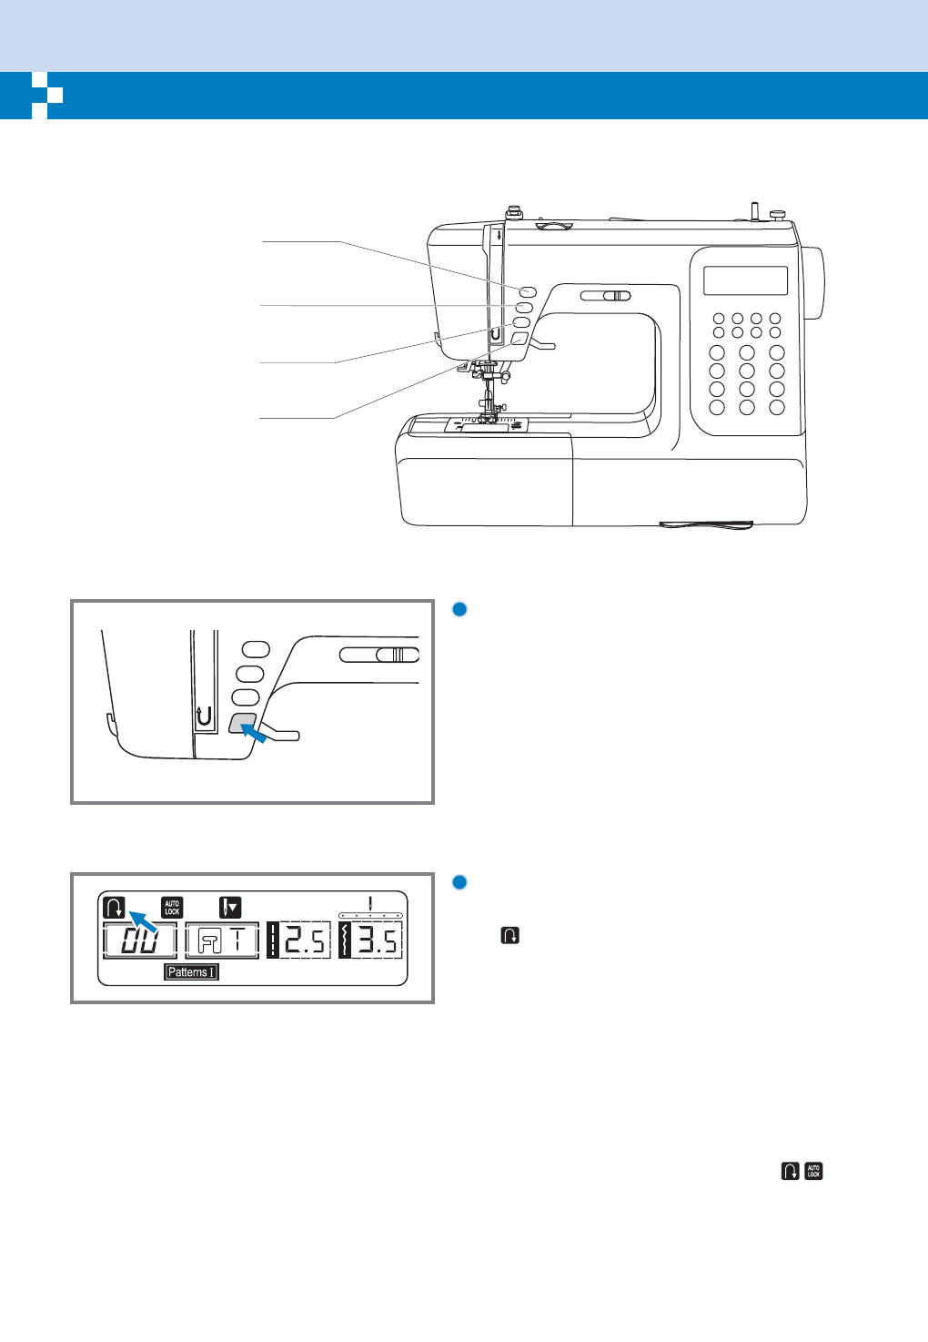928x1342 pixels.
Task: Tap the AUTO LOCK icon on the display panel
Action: pyautogui.click(x=172, y=907)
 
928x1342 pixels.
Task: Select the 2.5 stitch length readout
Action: pyautogui.click(x=299, y=940)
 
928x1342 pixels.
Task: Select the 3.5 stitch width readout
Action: pyautogui.click(x=371, y=940)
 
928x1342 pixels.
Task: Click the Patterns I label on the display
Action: pyautogui.click(x=191, y=971)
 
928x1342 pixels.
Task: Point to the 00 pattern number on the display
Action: pyautogui.click(x=139, y=940)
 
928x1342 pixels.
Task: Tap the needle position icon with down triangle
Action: pyautogui.click(x=230, y=907)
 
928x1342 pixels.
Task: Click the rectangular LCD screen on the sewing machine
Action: pyautogui.click(x=745, y=280)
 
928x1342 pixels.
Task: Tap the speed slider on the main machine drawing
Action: pyautogui.click(x=606, y=295)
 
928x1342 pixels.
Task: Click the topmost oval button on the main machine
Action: pyautogui.click(x=528, y=291)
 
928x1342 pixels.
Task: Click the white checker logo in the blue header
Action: pyautogui.click(x=46, y=95)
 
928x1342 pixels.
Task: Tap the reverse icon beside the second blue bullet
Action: pyautogui.click(x=509, y=935)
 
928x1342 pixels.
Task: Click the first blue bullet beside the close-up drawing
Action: pyautogui.click(x=459, y=609)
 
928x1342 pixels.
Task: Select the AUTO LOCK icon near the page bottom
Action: pyautogui.click(x=813, y=1171)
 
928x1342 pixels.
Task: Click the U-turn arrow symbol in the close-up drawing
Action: pyautogui.click(x=205, y=717)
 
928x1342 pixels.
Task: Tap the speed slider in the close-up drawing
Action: pyautogui.click(x=379, y=654)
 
